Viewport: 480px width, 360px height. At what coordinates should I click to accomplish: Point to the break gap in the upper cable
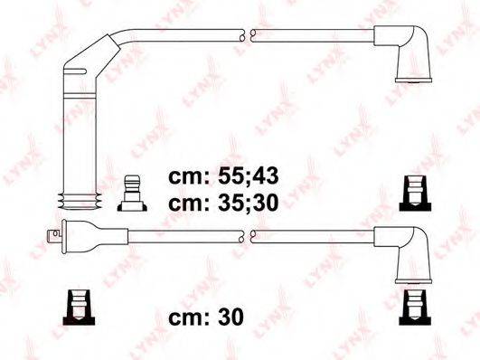click(x=247, y=36)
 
